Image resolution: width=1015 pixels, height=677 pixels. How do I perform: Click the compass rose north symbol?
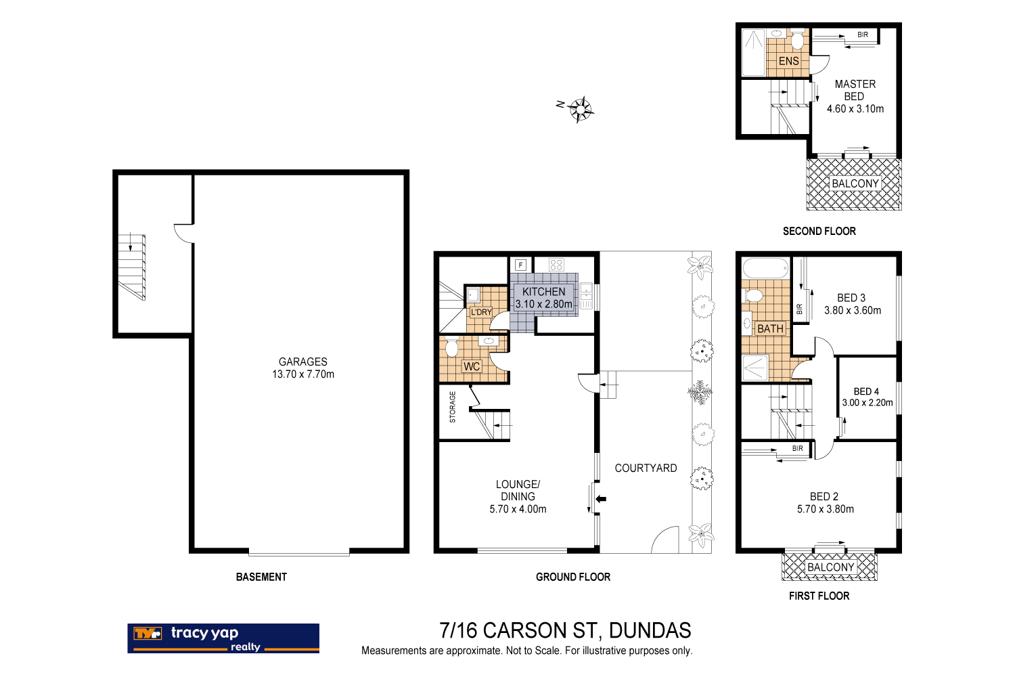(580, 108)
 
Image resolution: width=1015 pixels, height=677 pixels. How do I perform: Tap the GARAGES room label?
(303, 362)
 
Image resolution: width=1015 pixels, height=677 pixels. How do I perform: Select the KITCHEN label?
(543, 292)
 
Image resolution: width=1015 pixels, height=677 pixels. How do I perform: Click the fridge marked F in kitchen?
(520, 265)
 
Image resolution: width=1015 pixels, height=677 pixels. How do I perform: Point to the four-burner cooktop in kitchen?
(556, 265)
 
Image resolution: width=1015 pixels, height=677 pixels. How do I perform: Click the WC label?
(472, 366)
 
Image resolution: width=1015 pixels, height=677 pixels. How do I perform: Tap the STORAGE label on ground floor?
(453, 407)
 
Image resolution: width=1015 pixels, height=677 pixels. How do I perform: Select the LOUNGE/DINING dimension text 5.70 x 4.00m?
(518, 509)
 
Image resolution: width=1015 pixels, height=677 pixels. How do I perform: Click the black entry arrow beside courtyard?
(601, 499)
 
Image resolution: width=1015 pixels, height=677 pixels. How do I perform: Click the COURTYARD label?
(646, 468)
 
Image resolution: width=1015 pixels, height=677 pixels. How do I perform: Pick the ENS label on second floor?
(788, 61)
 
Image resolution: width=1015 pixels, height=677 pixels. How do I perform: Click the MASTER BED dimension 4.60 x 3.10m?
(855, 108)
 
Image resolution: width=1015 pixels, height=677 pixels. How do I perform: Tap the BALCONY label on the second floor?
(855, 183)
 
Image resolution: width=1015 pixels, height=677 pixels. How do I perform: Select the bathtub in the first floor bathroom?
(766, 268)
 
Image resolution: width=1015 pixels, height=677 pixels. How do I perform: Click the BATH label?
(770, 328)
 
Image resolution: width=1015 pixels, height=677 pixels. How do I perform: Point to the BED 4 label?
(866, 391)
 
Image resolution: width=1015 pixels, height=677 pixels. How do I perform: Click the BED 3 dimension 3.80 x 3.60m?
(853, 310)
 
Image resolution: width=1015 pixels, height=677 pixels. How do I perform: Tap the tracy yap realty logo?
(223, 638)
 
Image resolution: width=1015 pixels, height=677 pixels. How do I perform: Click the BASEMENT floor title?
(261, 577)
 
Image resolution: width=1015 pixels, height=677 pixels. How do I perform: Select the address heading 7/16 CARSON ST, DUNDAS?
(565, 630)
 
